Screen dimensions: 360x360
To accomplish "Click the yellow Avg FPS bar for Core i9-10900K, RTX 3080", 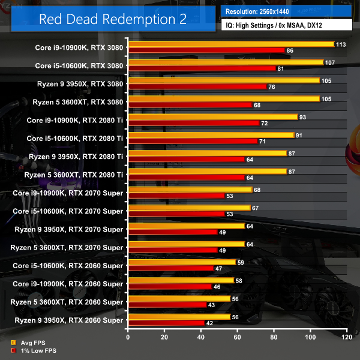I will pos(231,44).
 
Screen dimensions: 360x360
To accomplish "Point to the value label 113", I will pos(341,44).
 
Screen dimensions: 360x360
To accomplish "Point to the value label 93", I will pos(303,117).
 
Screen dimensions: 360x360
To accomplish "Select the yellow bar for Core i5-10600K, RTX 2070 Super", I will pos(189,208).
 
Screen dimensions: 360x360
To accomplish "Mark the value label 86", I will pos(290,50).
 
